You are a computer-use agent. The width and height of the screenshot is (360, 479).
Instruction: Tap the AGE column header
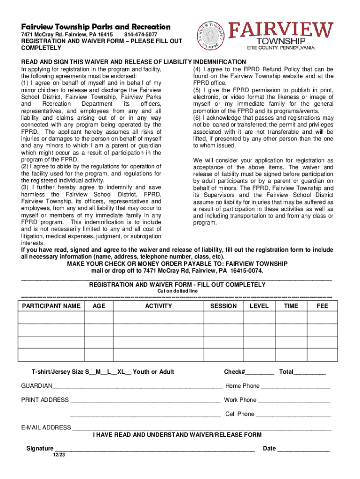(x=99, y=306)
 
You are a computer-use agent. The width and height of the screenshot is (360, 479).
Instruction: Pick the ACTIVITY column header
(x=158, y=306)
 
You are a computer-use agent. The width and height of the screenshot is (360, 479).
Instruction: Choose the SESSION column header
(x=223, y=306)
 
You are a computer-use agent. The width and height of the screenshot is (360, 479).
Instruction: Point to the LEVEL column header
(x=259, y=306)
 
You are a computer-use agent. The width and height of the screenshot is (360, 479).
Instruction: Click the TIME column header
(x=291, y=306)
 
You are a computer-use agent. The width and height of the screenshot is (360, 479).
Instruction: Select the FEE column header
(x=322, y=306)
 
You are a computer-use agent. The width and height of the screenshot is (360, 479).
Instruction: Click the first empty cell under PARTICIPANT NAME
(x=51, y=318)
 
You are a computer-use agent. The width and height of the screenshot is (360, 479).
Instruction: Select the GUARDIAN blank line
(x=137, y=387)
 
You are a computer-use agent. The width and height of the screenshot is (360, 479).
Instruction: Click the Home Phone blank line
(x=295, y=387)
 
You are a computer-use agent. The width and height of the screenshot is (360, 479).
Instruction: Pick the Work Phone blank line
(x=294, y=401)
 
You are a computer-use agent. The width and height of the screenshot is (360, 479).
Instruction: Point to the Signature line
(x=154, y=450)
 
